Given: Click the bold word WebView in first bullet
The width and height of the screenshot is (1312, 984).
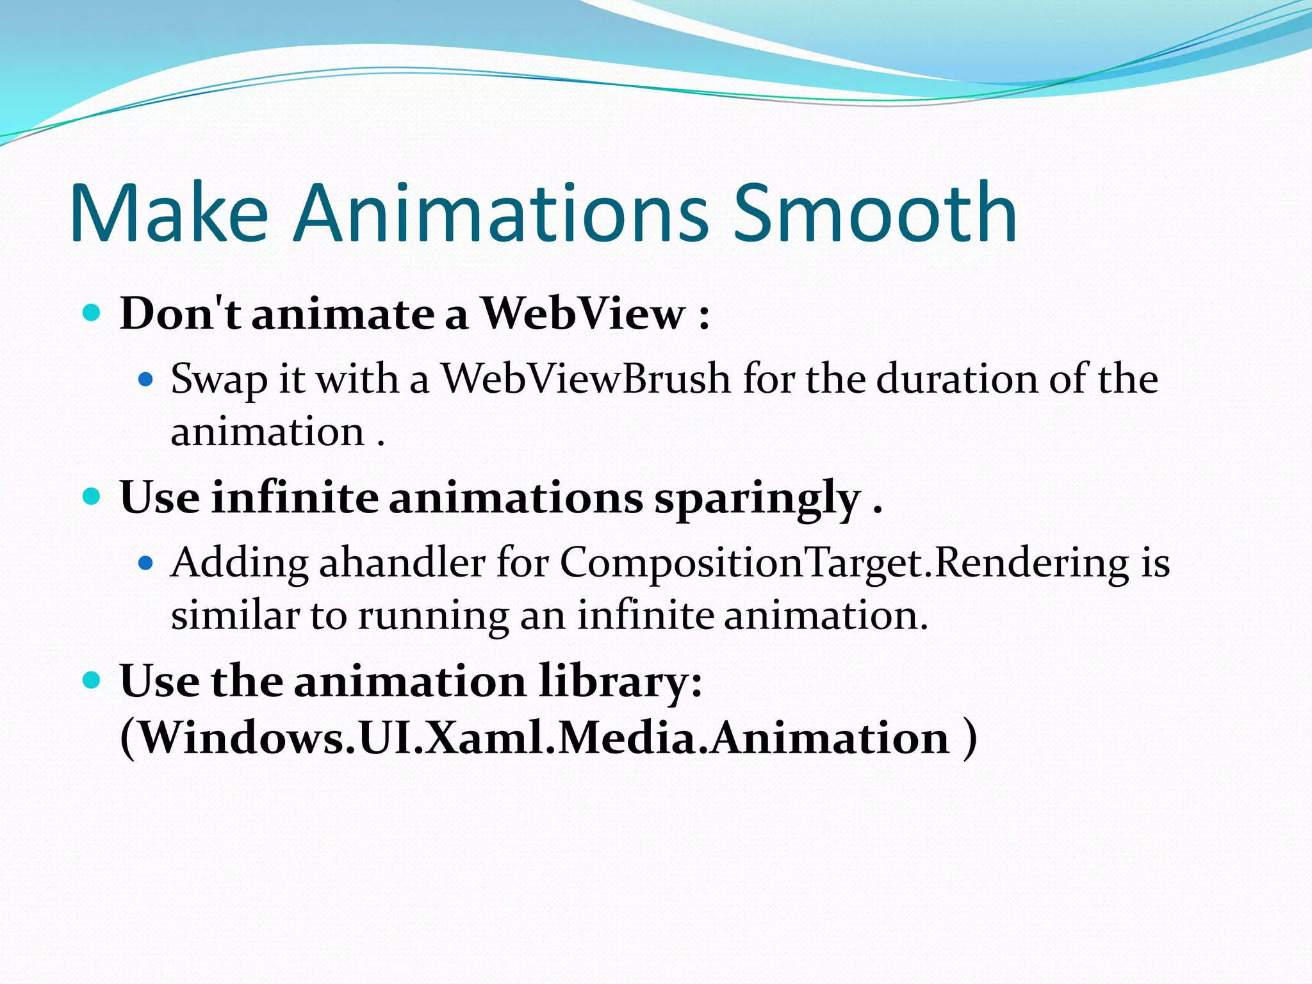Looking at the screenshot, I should pyautogui.click(x=583, y=314).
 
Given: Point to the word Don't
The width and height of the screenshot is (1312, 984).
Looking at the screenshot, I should pyautogui.click(x=180, y=314).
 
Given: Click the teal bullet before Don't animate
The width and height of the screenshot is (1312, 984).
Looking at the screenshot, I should pyautogui.click(x=92, y=313).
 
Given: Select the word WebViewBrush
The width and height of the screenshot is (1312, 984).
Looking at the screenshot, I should pyautogui.click(x=586, y=379).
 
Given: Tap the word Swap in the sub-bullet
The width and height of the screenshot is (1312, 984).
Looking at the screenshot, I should pyautogui.click(x=218, y=380).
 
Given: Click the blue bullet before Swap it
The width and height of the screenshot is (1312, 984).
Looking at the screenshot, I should pyautogui.click(x=146, y=379).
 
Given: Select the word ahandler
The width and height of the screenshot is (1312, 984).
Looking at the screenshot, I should pyautogui.click(x=402, y=563).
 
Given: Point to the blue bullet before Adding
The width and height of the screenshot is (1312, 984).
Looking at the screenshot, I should pyautogui.click(x=146, y=563).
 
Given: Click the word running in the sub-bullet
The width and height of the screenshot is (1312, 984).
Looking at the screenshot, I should pyautogui.click(x=432, y=617).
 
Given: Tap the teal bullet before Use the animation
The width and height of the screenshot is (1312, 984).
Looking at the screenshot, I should pyautogui.click(x=92, y=680).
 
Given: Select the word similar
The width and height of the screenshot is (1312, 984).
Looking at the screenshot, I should pyautogui.click(x=234, y=616).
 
